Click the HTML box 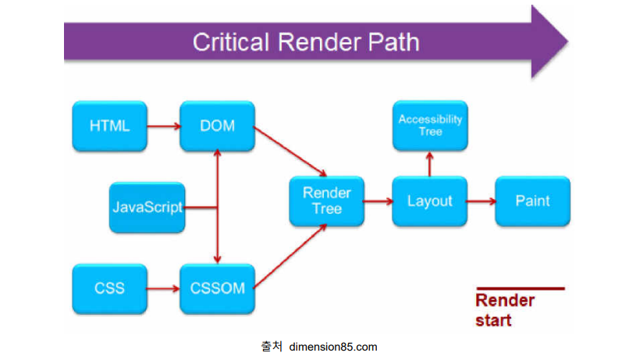click(109, 126)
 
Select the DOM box click(218, 126)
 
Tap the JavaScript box click(147, 207)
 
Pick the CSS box click(109, 288)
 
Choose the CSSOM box click(218, 288)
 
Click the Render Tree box click(327, 201)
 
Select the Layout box click(430, 201)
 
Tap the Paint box click(533, 201)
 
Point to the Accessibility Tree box click(430, 126)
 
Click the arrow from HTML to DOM click(164, 127)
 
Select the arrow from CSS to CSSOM click(163, 289)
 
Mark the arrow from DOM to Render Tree click(290, 151)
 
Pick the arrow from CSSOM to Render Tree click(290, 256)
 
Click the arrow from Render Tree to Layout click(378, 201)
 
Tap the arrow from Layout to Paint click(482, 201)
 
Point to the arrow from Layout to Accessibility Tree click(430, 164)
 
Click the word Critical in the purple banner click(231, 42)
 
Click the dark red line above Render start click(521, 288)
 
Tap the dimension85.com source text click(333, 347)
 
